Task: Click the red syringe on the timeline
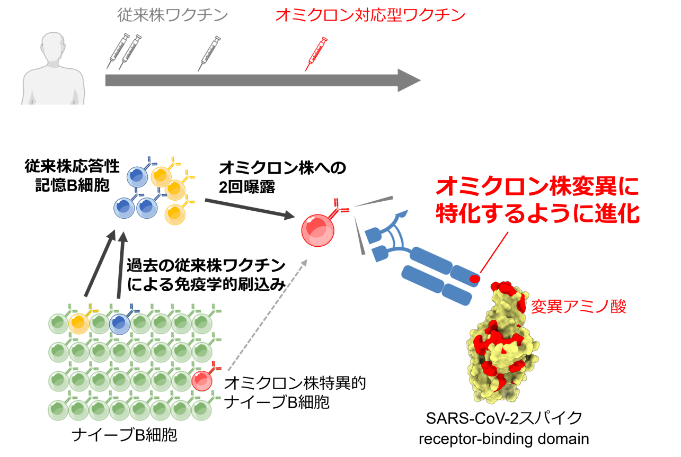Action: (316, 54)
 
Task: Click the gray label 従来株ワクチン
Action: (172, 15)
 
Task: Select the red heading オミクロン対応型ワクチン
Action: (370, 15)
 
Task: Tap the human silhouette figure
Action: (53, 69)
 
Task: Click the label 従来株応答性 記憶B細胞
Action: (72, 176)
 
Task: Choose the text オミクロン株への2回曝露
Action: (282, 177)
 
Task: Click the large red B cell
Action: (317, 230)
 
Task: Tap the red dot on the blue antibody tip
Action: (474, 279)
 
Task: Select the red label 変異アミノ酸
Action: (579, 306)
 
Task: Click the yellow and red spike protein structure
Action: (502, 342)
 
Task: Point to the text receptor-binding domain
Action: (504, 439)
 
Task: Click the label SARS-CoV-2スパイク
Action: (504, 418)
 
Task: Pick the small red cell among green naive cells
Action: (202, 380)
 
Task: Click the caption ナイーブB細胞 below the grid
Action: (124, 435)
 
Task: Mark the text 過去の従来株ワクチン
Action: (206, 266)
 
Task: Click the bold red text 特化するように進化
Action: (538, 213)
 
